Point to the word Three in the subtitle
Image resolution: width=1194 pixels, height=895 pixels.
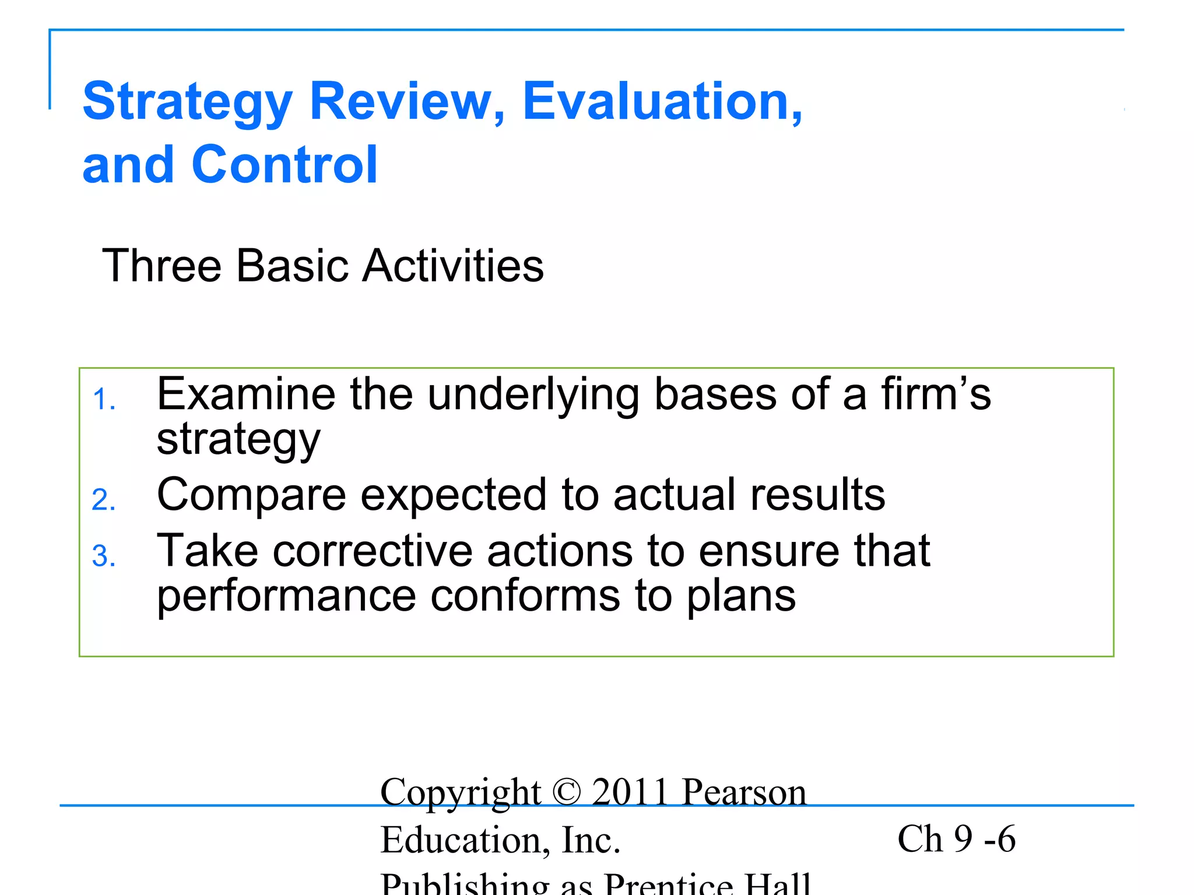pyautogui.click(x=161, y=266)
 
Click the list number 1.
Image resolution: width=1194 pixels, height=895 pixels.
pyautogui.click(x=104, y=400)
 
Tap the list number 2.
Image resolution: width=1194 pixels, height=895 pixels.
pyautogui.click(x=104, y=501)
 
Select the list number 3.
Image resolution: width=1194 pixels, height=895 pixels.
pyautogui.click(x=104, y=556)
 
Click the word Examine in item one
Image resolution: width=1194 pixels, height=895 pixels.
pyautogui.click(x=246, y=394)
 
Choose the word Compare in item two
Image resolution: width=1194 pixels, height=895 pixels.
pyautogui.click(x=251, y=495)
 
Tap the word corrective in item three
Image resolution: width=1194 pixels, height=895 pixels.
pyautogui.click(x=373, y=551)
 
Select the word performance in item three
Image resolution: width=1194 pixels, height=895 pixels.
pyautogui.click(x=286, y=597)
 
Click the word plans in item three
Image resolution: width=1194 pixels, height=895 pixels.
pyautogui.click(x=740, y=597)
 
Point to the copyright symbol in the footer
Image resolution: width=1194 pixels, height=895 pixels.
pyautogui.click(x=566, y=792)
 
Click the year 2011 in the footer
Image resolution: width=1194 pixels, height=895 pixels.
pyautogui.click(x=630, y=792)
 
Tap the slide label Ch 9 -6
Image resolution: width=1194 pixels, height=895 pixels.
pyautogui.click(x=956, y=839)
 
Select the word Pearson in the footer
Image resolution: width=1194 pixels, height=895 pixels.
pyautogui.click(x=745, y=792)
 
